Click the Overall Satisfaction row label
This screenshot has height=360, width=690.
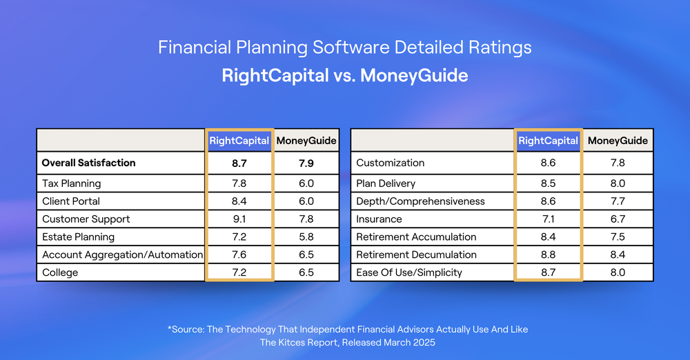88,163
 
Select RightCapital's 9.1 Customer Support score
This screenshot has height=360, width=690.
239,219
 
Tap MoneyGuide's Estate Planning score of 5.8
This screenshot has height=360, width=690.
306,237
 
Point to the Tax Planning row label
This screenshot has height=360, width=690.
71,183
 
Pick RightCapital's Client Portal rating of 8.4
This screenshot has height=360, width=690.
239,201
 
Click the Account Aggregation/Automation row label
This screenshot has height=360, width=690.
122,255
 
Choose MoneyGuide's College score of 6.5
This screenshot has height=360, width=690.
306,272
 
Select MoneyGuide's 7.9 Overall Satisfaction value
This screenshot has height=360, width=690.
306,163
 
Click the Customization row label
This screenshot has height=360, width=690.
391,163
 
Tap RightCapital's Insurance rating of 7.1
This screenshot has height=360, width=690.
549,219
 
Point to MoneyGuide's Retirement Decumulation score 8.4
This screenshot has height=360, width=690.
618,254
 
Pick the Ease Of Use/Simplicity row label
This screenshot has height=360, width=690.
409,272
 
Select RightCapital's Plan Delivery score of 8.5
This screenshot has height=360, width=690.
549,183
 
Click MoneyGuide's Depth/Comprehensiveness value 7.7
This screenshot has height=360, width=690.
618,201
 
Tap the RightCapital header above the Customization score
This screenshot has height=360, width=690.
549,141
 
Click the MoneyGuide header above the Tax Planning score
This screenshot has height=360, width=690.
306,141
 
